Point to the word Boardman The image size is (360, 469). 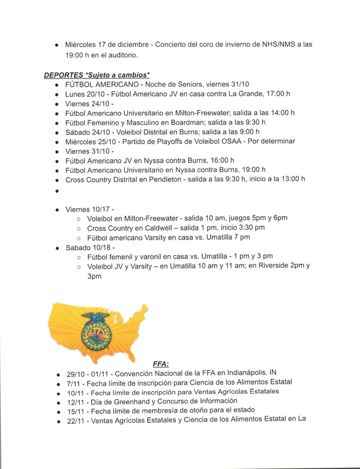pyautogui.click(x=185, y=123)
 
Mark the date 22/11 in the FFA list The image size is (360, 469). pyautogui.click(x=75, y=419)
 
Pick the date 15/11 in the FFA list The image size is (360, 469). pyautogui.click(x=75, y=409)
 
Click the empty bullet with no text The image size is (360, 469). pyautogui.click(x=57, y=191)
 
